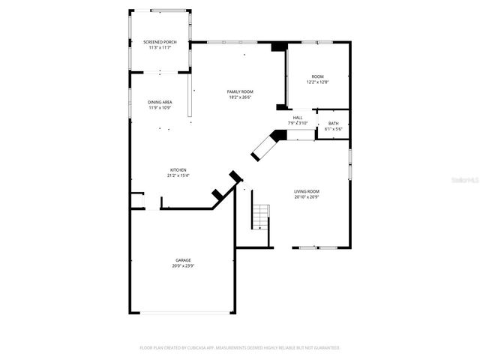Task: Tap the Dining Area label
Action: (159, 102)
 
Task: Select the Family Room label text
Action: (240, 91)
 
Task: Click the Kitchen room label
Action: (178, 170)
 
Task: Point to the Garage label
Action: (183, 260)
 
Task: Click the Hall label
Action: (298, 118)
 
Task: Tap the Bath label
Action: (333, 123)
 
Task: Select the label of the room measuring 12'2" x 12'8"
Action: (318, 76)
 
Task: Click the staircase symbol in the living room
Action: (259, 216)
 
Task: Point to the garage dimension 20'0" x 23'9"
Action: (183, 265)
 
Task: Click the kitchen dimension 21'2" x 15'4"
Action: (178, 175)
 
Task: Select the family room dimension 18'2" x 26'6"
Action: (240, 97)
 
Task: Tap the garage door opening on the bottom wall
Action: (183, 313)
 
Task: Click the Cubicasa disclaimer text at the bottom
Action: (240, 348)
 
